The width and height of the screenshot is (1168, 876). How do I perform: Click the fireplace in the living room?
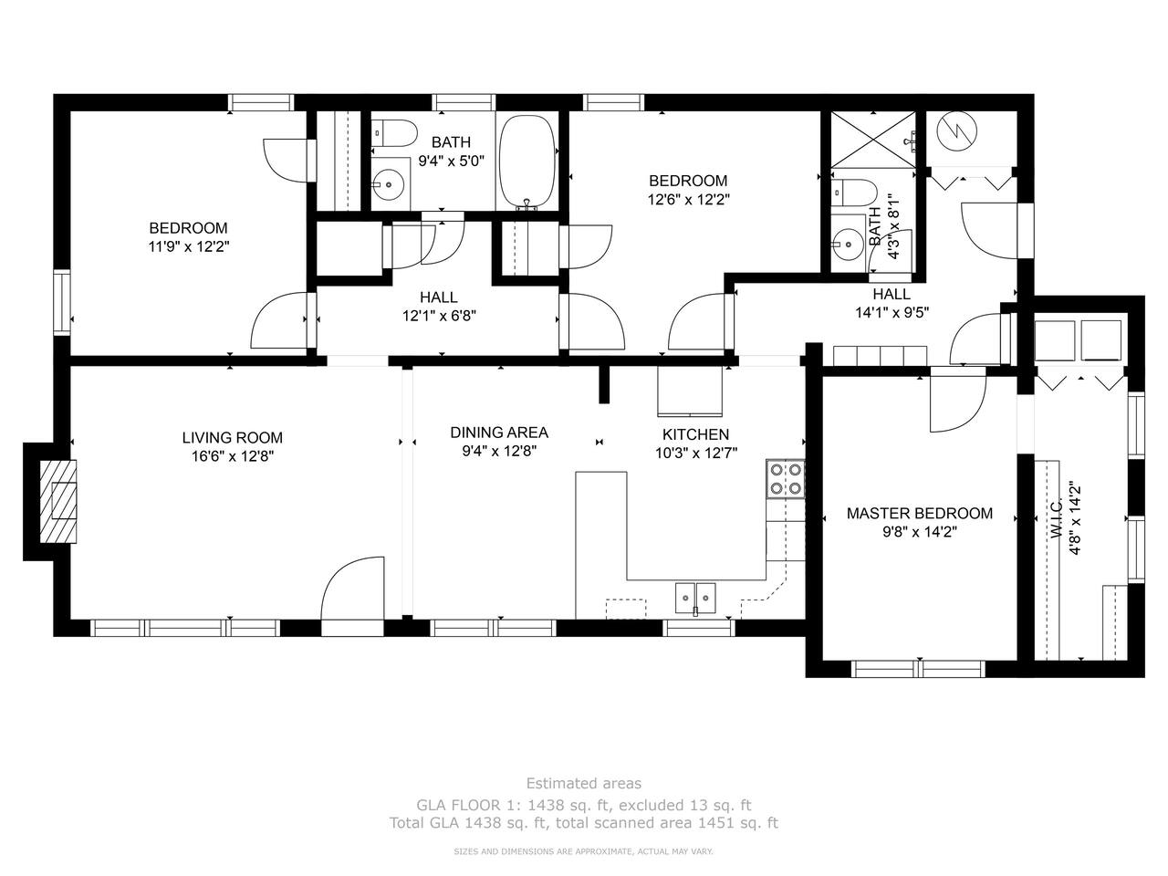coord(58,501)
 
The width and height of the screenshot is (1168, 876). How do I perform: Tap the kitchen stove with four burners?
coord(786,479)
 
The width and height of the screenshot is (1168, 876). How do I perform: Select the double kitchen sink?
coord(695,599)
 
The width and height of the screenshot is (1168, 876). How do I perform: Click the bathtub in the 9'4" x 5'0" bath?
coord(527,162)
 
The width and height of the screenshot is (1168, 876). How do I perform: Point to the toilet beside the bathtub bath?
coord(393,133)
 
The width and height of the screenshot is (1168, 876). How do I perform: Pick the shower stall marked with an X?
coord(873,141)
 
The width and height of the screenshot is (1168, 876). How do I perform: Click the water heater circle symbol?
coord(958,132)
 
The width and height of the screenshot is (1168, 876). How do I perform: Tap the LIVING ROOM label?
coord(233,438)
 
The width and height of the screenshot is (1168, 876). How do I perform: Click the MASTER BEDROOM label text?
coord(920,513)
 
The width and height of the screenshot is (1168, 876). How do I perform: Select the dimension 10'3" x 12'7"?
coord(695,454)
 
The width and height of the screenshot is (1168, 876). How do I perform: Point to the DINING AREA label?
coord(499,433)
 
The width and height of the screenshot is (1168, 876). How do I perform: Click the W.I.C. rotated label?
coord(1057,518)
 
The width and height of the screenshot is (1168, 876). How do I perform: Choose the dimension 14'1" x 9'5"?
coord(892,312)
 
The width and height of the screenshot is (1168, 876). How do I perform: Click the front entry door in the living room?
coord(352,589)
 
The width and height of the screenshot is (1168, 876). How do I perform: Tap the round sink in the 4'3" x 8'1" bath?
coord(848,245)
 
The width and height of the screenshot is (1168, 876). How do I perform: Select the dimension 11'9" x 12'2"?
coord(189,246)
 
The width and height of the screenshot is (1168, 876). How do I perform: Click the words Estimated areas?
coord(584,784)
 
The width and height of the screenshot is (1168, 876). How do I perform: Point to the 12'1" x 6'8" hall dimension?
coord(439,316)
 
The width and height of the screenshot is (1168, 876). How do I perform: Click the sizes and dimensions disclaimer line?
coord(583,852)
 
